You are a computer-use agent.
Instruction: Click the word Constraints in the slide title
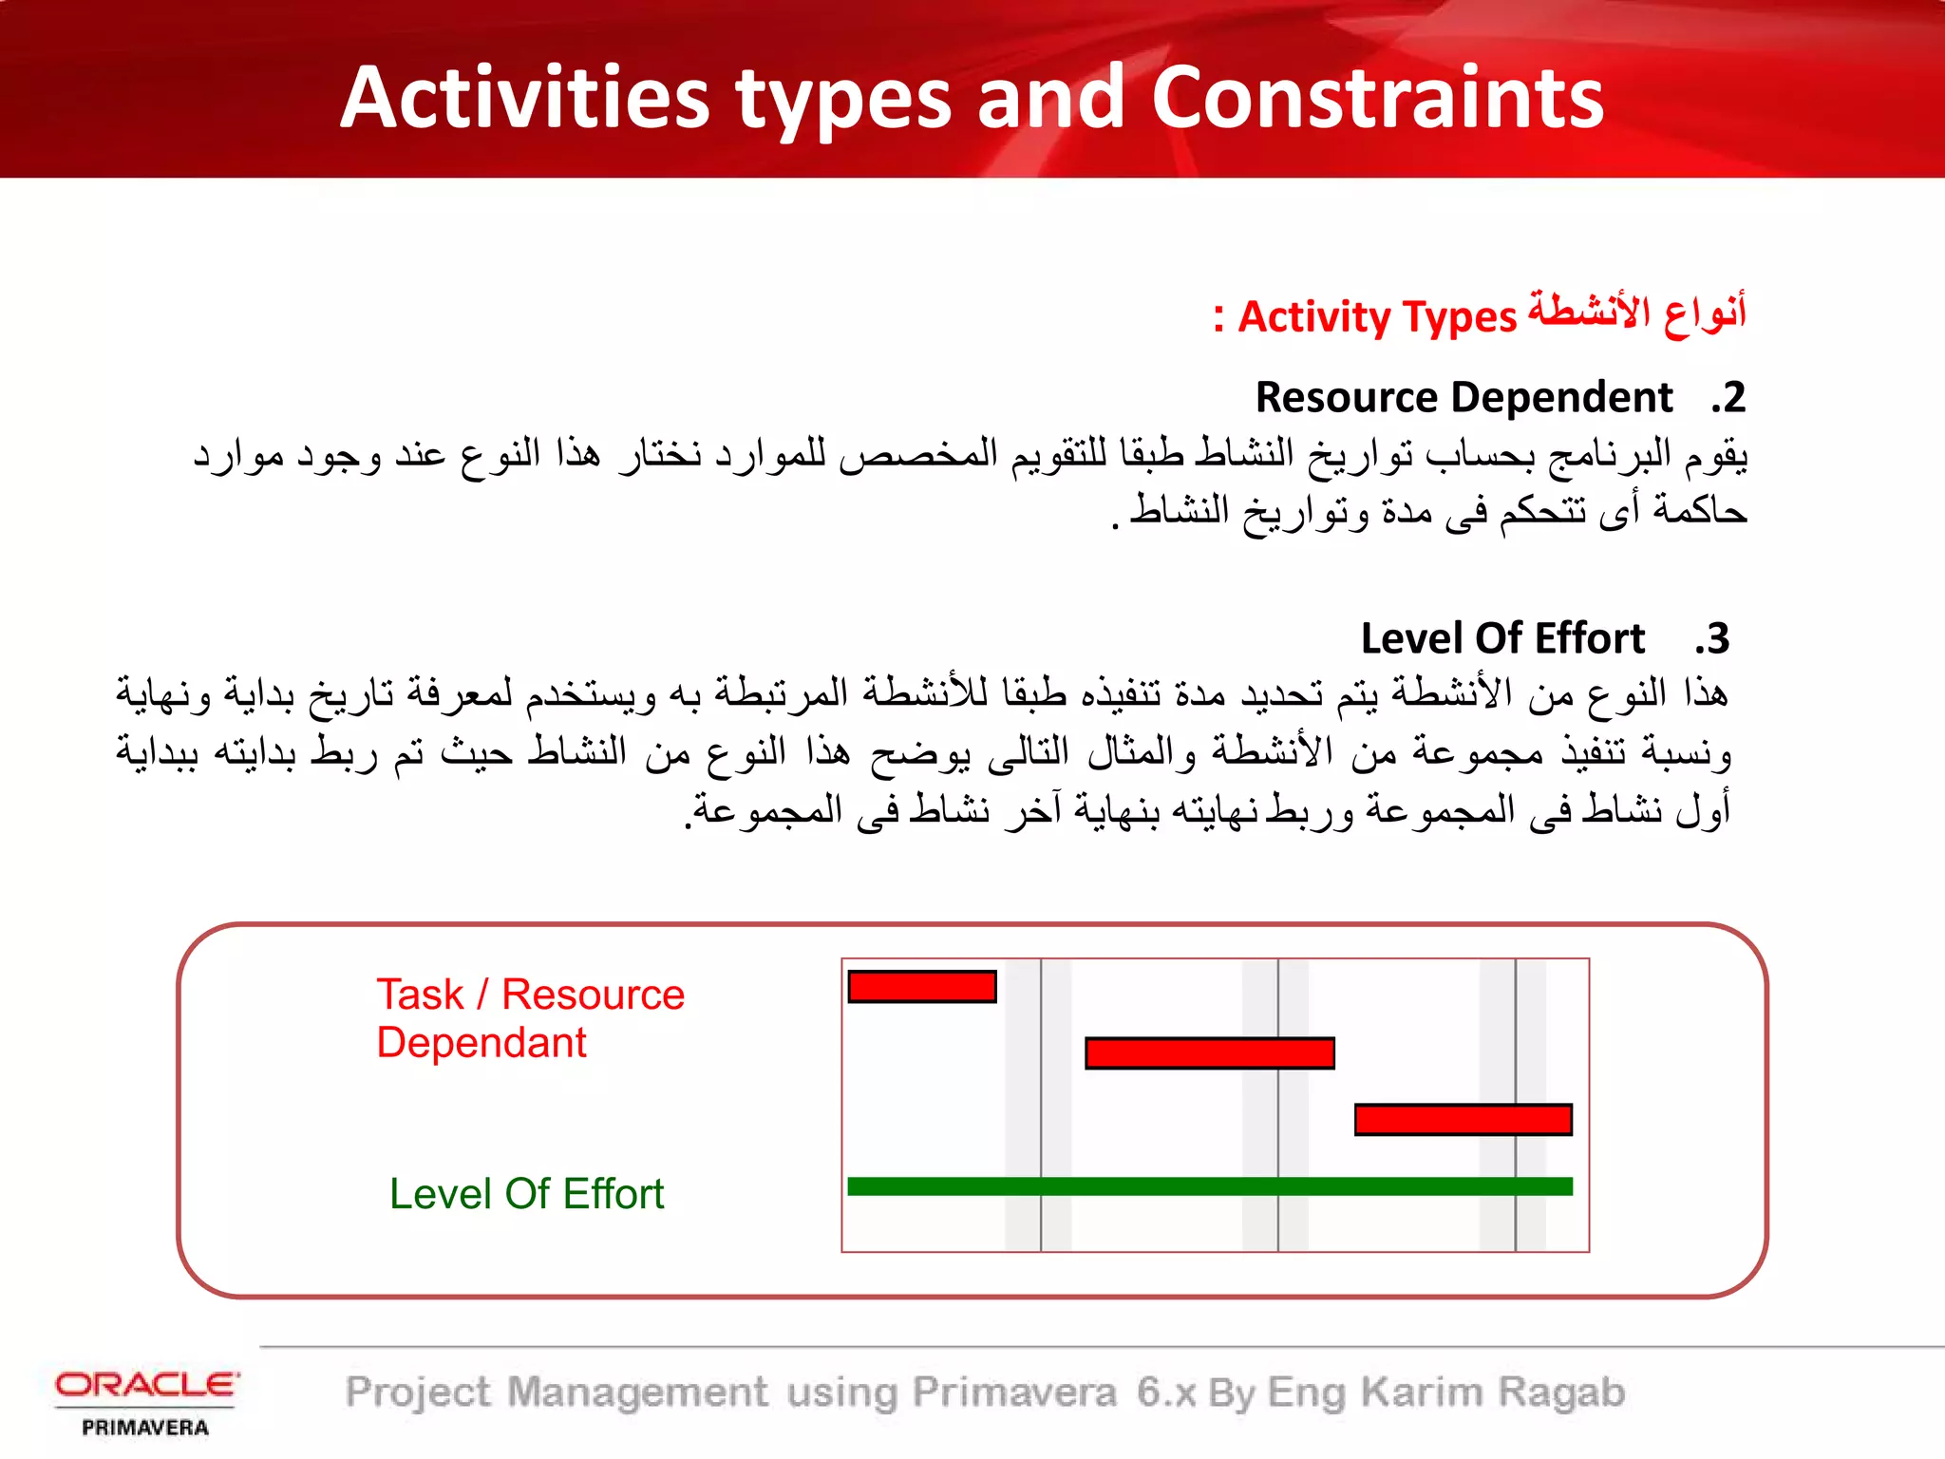tap(1377, 97)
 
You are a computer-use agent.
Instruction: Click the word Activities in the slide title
tap(525, 97)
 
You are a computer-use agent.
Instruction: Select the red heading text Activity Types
tap(1377, 316)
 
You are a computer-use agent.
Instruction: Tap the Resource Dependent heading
tap(1463, 397)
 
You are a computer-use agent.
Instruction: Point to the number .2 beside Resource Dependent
tap(1728, 397)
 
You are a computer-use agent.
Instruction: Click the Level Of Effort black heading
tap(1502, 638)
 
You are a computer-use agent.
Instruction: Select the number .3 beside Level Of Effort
tap(1711, 638)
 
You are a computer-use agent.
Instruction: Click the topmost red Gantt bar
tap(921, 987)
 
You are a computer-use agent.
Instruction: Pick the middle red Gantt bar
tap(1209, 1053)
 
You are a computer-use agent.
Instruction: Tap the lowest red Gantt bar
tap(1463, 1120)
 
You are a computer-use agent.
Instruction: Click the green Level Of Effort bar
tap(1209, 1186)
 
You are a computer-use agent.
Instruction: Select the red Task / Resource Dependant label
tap(530, 1018)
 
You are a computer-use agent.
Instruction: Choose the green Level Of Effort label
tap(526, 1194)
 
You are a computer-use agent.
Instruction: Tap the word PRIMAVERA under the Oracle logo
tap(145, 1428)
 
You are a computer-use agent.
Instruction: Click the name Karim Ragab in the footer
tap(1493, 1393)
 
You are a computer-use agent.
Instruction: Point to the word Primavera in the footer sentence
tap(1014, 1393)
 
